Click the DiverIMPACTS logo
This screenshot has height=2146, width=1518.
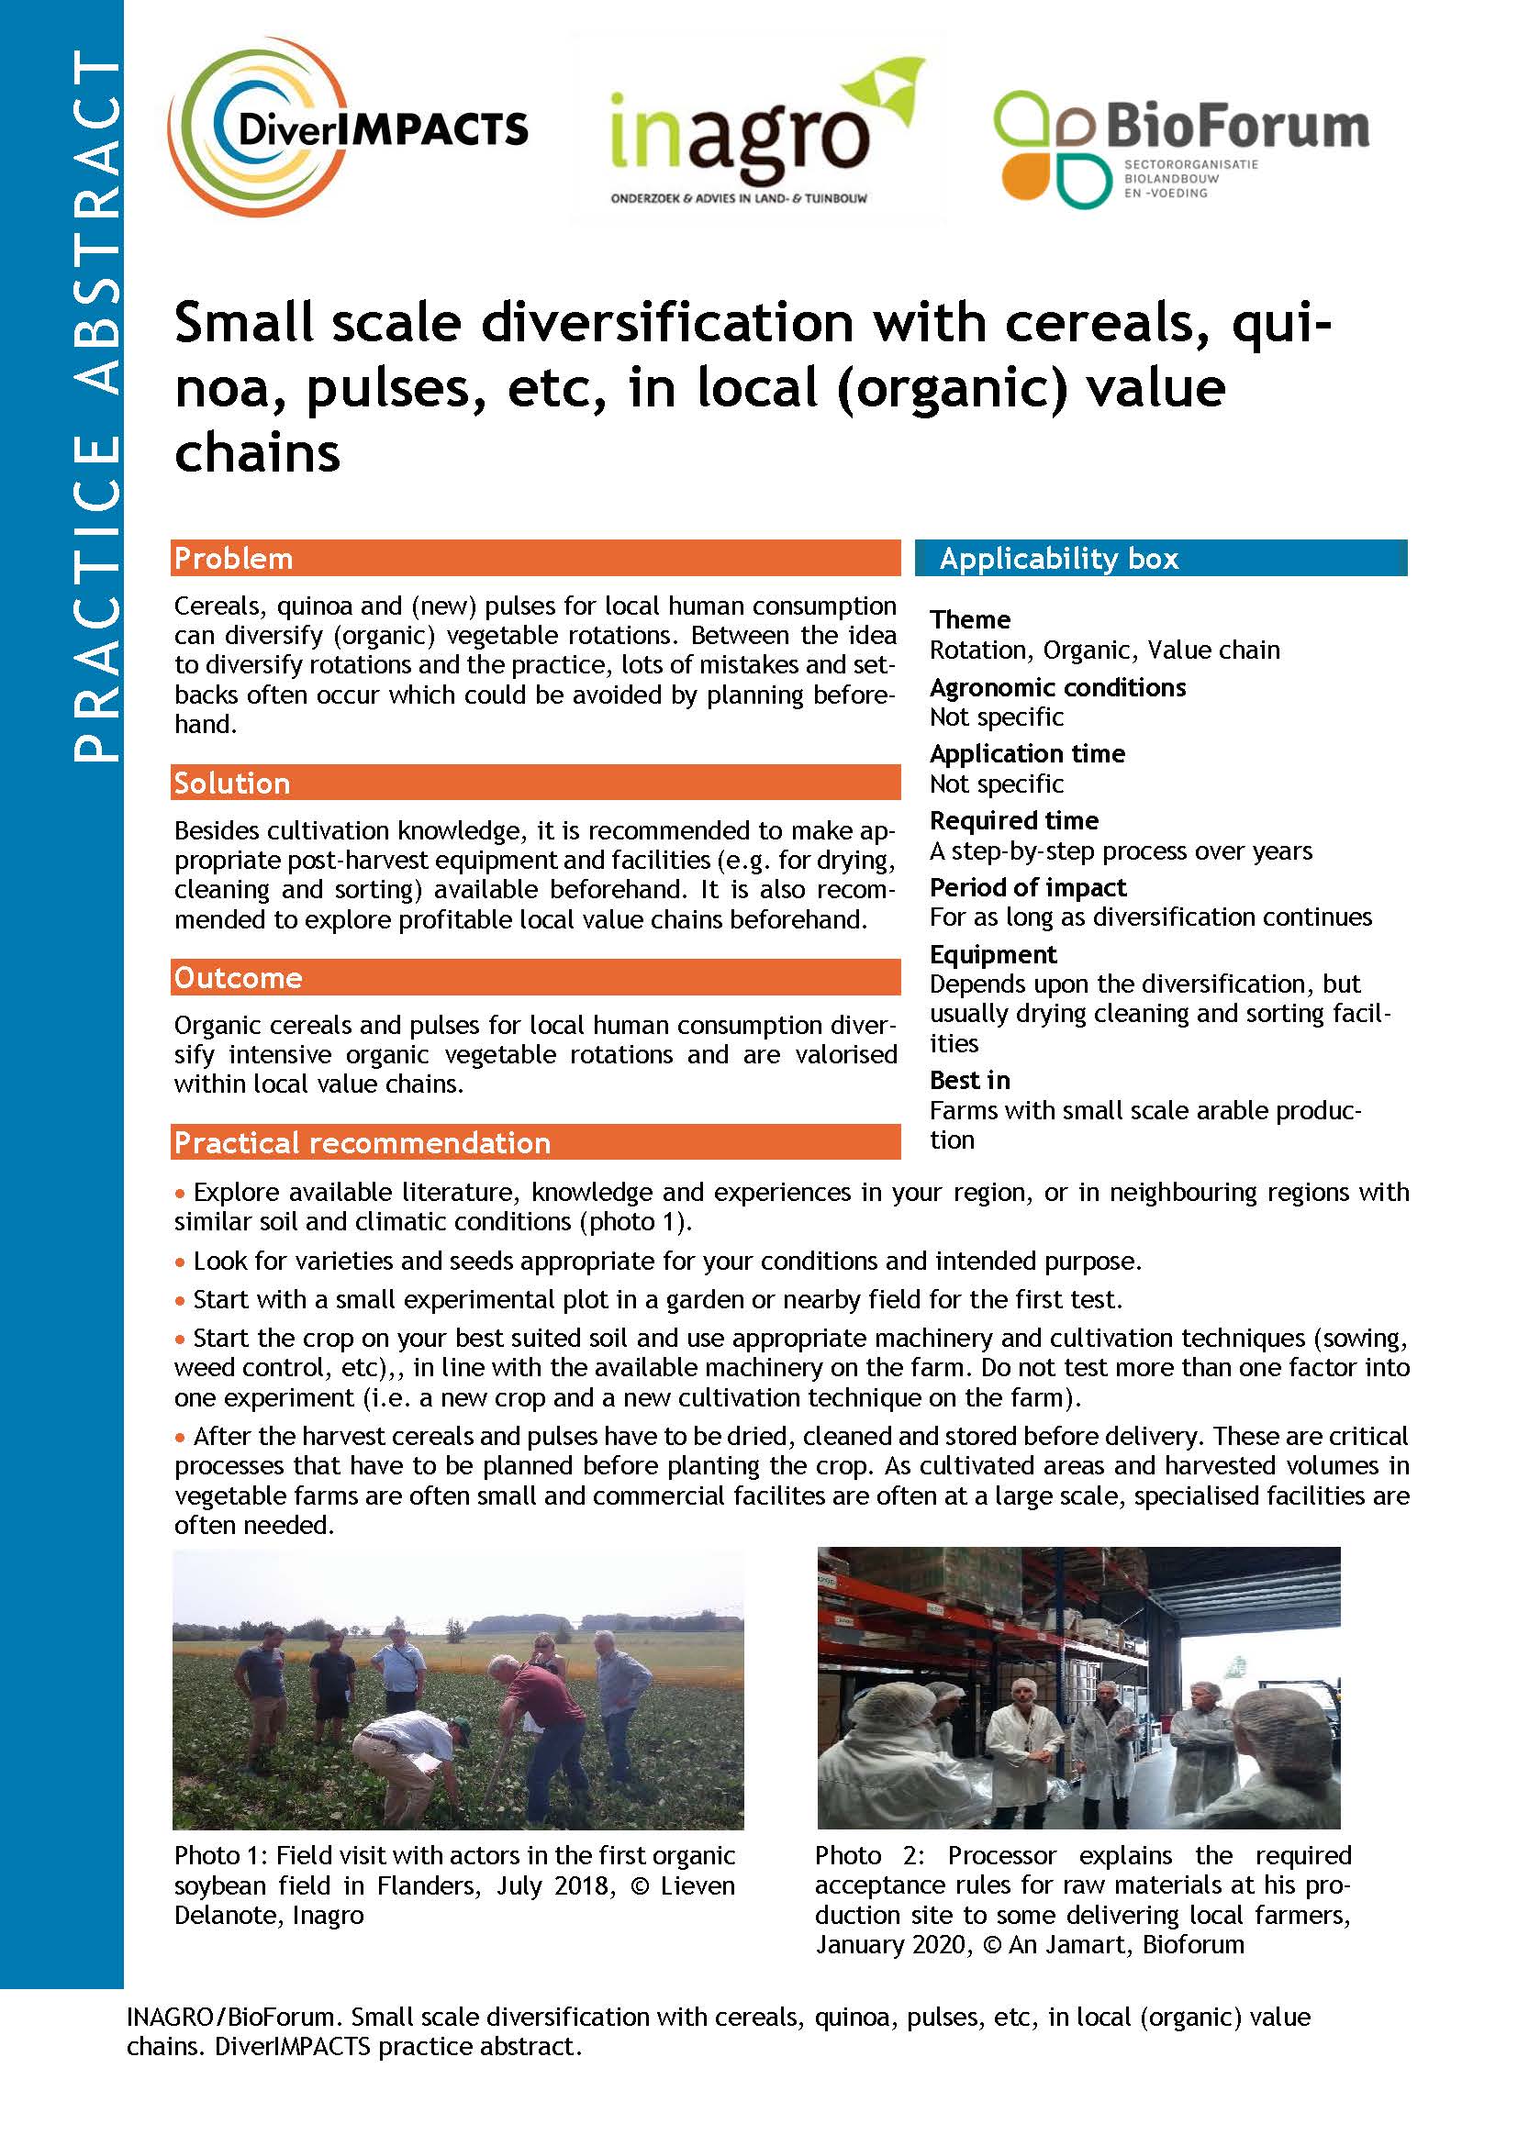coord(348,128)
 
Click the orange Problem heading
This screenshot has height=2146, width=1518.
coord(234,558)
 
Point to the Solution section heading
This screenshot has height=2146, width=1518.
coord(232,783)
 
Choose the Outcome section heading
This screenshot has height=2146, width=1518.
coord(239,977)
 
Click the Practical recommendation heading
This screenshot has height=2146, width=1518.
coord(362,1142)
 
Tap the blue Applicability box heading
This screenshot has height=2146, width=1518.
coord(1058,558)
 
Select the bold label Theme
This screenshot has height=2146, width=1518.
coord(969,619)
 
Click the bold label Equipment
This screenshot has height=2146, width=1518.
coord(993,954)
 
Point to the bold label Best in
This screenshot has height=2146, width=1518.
coord(969,1081)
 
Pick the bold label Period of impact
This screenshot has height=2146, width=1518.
coord(1027,887)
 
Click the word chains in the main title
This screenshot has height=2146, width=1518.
coord(257,453)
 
